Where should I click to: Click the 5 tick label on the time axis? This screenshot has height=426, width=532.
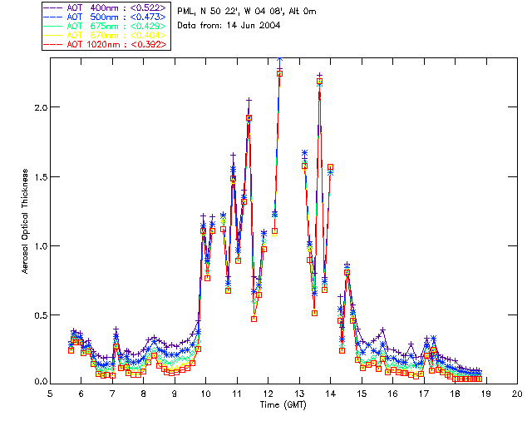click(x=50, y=393)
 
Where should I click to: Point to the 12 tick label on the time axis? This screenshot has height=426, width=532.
click(x=268, y=393)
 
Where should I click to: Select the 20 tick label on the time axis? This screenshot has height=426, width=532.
click(x=517, y=393)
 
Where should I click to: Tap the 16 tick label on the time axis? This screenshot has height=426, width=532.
click(x=392, y=393)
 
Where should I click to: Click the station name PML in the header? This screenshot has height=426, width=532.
click(x=185, y=11)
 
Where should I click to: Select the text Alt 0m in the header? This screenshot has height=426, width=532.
click(x=301, y=11)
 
